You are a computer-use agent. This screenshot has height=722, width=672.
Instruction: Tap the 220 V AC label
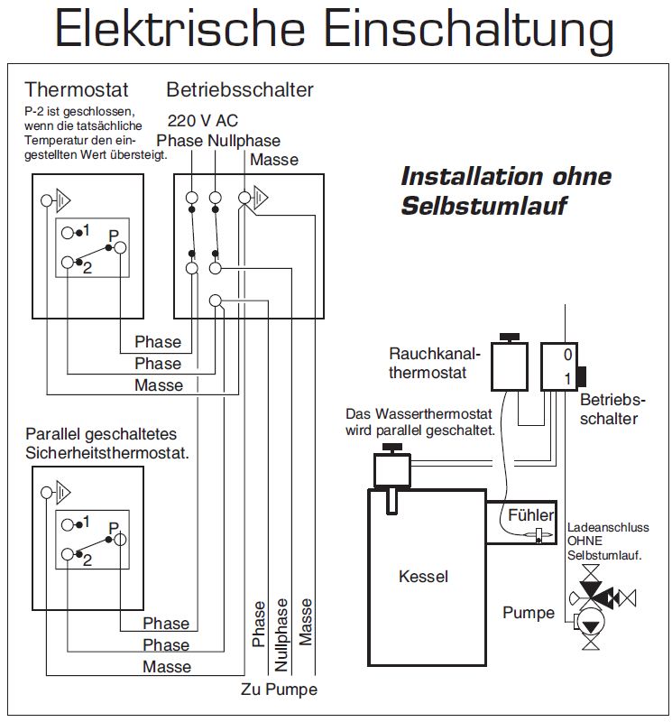(203, 121)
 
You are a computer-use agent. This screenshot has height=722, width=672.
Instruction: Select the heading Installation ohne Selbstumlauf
(505, 190)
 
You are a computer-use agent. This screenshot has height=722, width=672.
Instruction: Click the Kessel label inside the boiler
(423, 576)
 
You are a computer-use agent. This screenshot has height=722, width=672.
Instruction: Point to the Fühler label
(530, 515)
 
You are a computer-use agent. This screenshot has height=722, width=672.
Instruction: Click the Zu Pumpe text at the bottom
(279, 690)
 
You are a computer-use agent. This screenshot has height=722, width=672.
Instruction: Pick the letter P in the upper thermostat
(113, 236)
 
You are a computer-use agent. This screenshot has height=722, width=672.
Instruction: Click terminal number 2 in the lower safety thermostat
(87, 560)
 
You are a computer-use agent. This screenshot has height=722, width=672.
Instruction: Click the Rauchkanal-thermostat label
(435, 362)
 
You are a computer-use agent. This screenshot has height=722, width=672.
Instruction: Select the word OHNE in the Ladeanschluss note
(585, 541)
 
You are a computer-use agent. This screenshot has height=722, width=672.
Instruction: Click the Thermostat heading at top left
(77, 90)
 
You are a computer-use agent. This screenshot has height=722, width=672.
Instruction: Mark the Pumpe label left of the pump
(528, 613)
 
